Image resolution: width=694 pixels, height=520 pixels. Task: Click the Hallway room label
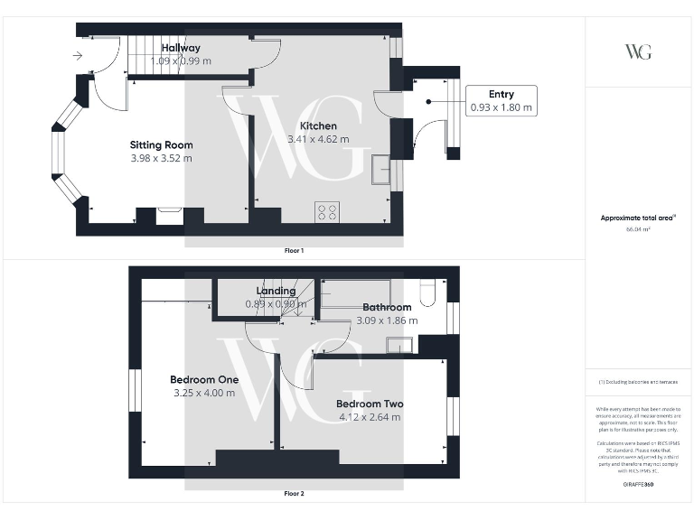pyautogui.click(x=181, y=48)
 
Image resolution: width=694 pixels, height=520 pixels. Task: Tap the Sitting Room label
pyautogui.click(x=161, y=144)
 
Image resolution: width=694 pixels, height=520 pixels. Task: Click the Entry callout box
pyautogui.click(x=502, y=101)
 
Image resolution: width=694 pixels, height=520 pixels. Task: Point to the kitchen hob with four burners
pyautogui.click(x=327, y=212)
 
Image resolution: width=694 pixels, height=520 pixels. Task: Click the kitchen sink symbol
pyautogui.click(x=380, y=169)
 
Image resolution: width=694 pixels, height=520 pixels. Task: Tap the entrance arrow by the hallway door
pyautogui.click(x=78, y=56)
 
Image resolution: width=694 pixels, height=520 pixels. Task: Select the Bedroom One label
pyautogui.click(x=204, y=380)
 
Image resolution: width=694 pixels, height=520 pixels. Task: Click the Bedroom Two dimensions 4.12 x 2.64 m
pyautogui.click(x=370, y=417)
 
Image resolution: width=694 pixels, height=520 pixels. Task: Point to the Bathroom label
pyautogui.click(x=387, y=308)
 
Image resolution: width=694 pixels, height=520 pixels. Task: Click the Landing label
pyautogui.click(x=276, y=291)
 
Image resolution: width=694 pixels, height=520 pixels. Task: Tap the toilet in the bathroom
pyautogui.click(x=429, y=290)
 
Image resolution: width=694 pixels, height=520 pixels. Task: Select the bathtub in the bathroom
pyautogui.click(x=356, y=292)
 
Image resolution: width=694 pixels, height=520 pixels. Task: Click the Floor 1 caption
pyautogui.click(x=295, y=250)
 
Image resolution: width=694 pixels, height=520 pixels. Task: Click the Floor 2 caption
pyautogui.click(x=295, y=494)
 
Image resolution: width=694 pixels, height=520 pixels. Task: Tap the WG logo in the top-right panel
pyautogui.click(x=638, y=51)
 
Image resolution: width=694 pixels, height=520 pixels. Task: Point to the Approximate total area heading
pyautogui.click(x=637, y=218)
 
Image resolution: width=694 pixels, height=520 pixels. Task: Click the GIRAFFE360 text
pyautogui.click(x=637, y=486)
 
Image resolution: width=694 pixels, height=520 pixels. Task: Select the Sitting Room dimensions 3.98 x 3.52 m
pyautogui.click(x=161, y=158)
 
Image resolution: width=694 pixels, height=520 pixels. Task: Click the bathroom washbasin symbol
pyautogui.click(x=399, y=344)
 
